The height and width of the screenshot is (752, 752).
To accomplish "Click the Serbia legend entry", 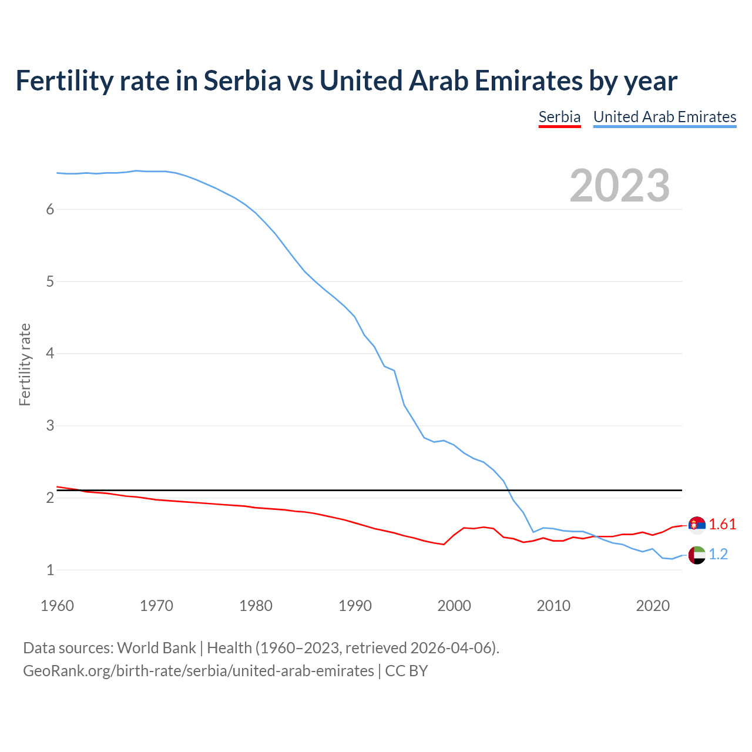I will pyautogui.click(x=559, y=117).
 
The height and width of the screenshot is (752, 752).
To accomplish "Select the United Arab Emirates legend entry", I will pyautogui.click(x=664, y=117).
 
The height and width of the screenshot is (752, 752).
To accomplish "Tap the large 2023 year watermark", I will pyautogui.click(x=620, y=186).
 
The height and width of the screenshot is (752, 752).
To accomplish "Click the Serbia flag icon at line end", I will pyautogui.click(x=697, y=525).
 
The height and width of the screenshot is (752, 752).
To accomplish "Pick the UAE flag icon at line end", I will pyautogui.click(x=697, y=555).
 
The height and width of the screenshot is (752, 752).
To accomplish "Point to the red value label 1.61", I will pyautogui.click(x=722, y=525).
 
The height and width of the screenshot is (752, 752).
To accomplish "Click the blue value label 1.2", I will pyautogui.click(x=718, y=555).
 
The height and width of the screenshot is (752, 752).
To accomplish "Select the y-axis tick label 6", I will pyautogui.click(x=50, y=210).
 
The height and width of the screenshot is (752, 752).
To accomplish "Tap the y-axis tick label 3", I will pyautogui.click(x=50, y=425).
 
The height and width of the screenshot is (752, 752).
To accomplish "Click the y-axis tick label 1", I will pyautogui.click(x=50, y=570).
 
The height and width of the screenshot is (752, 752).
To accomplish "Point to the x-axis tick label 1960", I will pyautogui.click(x=57, y=606).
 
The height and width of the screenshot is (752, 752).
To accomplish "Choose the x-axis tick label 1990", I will pyautogui.click(x=355, y=606).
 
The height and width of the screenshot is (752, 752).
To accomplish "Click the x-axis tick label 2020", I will pyautogui.click(x=653, y=606).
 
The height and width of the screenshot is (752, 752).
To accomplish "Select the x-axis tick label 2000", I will pyautogui.click(x=454, y=606).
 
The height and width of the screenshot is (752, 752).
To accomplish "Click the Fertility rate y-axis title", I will pyautogui.click(x=25, y=364).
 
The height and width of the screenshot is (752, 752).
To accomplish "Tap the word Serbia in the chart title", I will pyautogui.click(x=242, y=81).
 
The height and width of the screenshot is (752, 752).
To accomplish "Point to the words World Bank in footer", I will pyautogui.click(x=156, y=648).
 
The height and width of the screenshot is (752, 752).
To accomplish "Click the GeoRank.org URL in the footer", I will pyautogui.click(x=199, y=671).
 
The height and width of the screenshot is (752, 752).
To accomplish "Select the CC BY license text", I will pyautogui.click(x=407, y=671).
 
